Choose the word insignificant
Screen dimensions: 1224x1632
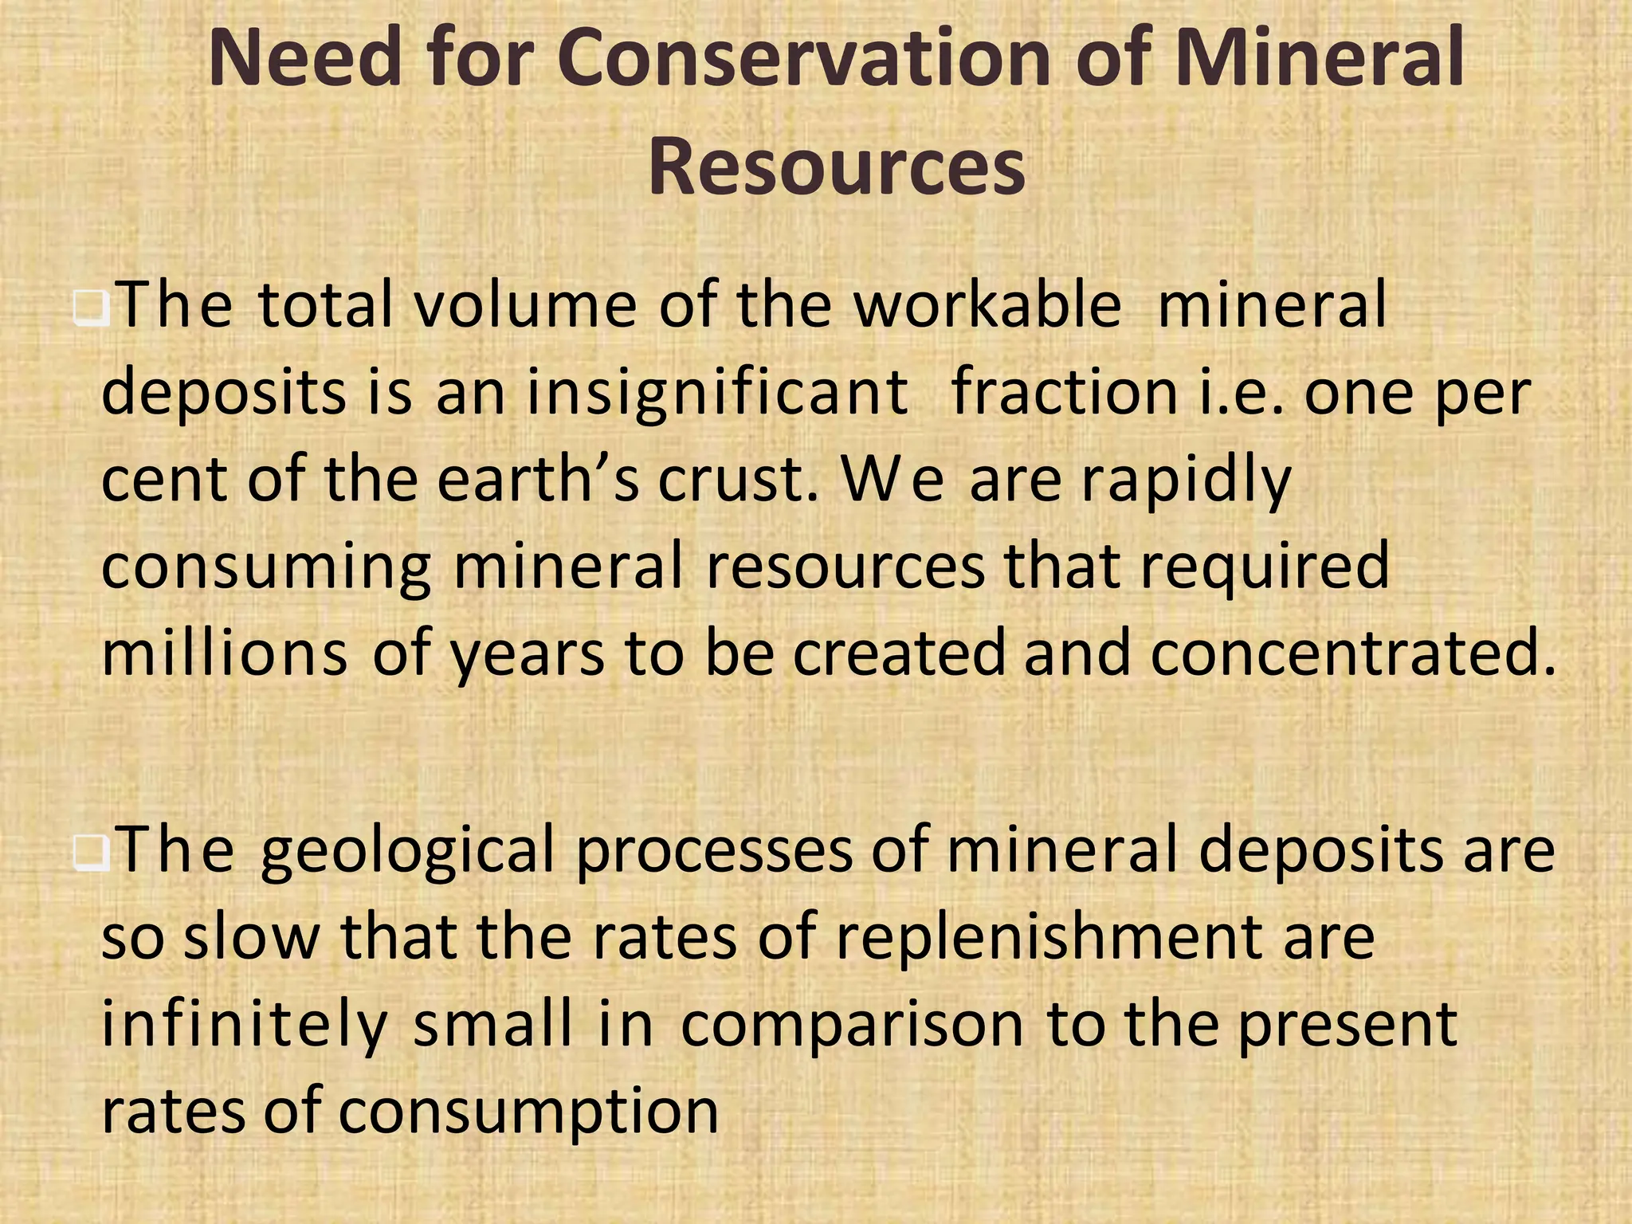point(717,393)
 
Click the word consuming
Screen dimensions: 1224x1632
point(267,567)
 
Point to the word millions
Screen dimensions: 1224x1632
point(225,653)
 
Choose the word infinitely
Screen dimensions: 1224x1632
point(245,1026)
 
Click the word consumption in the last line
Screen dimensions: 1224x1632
point(528,1112)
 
